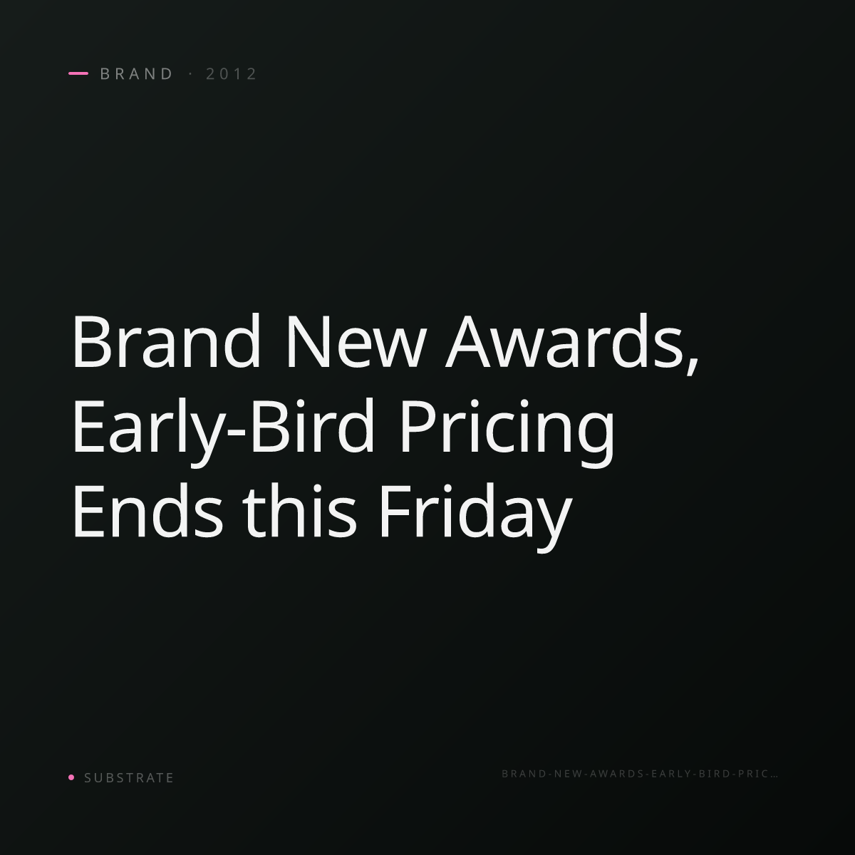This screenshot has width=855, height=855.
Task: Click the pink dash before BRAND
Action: (78, 73)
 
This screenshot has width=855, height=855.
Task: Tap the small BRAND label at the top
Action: (136, 74)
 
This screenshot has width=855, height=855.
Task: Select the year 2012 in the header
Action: (231, 74)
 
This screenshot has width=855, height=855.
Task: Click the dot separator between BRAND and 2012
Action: (191, 74)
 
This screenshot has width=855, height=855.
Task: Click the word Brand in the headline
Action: (166, 341)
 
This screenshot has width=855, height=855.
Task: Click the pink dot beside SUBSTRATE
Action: (71, 777)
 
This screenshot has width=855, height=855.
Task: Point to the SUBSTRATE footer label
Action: (129, 778)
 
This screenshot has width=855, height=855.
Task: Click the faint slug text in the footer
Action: (639, 774)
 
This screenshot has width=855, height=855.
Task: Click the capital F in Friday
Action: (393, 512)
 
